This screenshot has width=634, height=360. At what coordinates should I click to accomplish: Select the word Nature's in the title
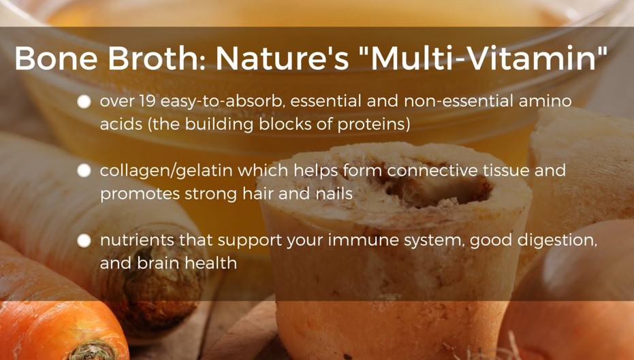(282, 58)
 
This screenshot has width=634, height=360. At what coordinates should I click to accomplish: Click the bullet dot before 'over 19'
(84, 101)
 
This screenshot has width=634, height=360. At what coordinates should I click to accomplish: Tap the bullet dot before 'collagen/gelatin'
(84, 171)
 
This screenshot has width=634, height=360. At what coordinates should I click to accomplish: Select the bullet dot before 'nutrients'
(84, 240)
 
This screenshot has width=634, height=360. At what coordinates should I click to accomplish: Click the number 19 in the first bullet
(148, 101)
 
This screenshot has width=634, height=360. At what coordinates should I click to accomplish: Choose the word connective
(432, 171)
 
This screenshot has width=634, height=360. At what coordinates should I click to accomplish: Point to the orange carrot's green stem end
(91, 350)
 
